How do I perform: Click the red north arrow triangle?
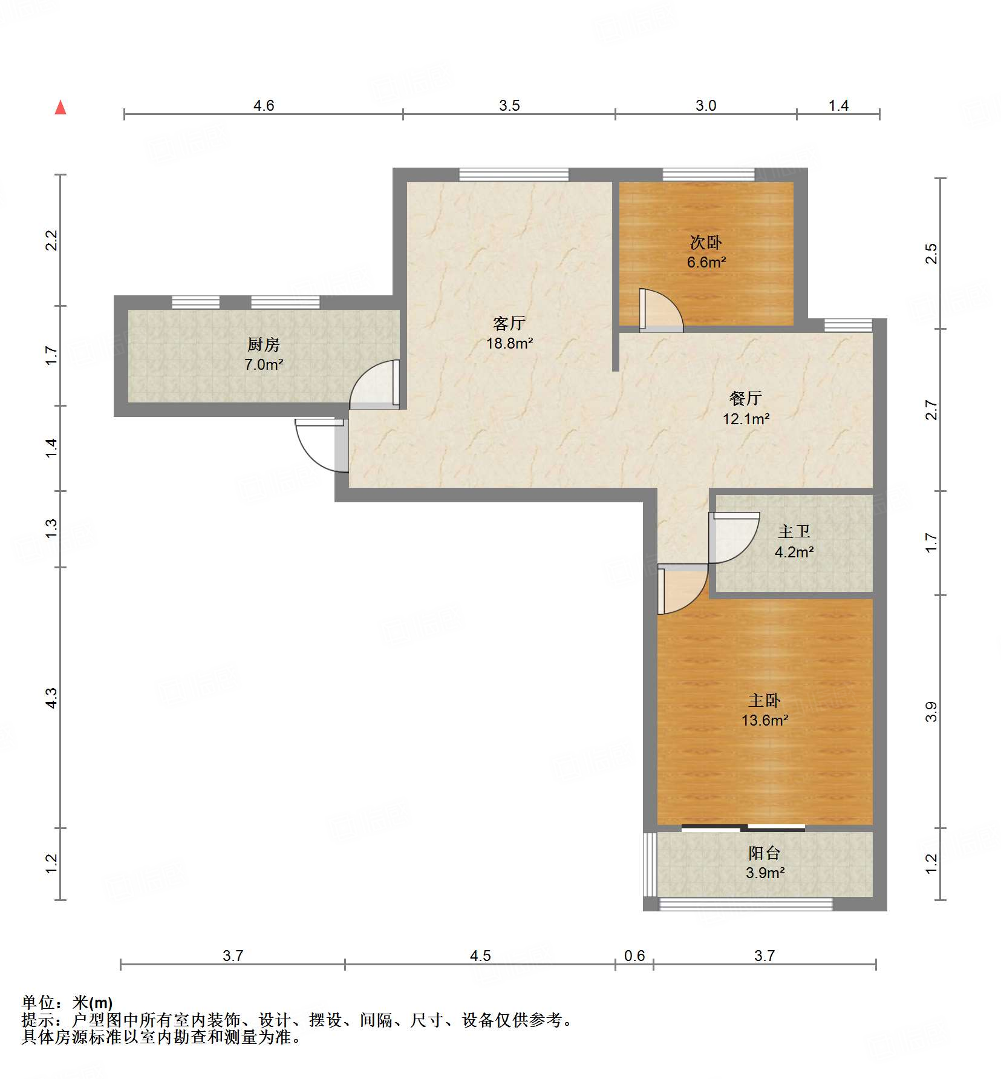pyautogui.click(x=60, y=108)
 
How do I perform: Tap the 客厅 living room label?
pyautogui.click(x=509, y=324)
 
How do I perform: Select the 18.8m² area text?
pyautogui.click(x=510, y=344)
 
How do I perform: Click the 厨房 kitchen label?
pyautogui.click(x=264, y=345)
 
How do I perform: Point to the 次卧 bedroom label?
pyautogui.click(x=706, y=243)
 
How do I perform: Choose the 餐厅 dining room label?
pyautogui.click(x=745, y=398)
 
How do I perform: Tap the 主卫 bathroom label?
pyautogui.click(x=794, y=532)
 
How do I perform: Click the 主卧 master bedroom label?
pyautogui.click(x=765, y=701)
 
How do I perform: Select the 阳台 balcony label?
pyautogui.click(x=765, y=853)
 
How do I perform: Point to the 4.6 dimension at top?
pyautogui.click(x=264, y=106)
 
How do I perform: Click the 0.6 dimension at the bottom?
pyautogui.click(x=634, y=956)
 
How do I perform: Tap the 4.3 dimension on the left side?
pyautogui.click(x=51, y=698)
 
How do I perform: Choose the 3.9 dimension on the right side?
pyautogui.click(x=931, y=712)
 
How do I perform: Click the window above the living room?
pyautogui.click(x=514, y=175)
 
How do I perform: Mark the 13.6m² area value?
pyautogui.click(x=765, y=721)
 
